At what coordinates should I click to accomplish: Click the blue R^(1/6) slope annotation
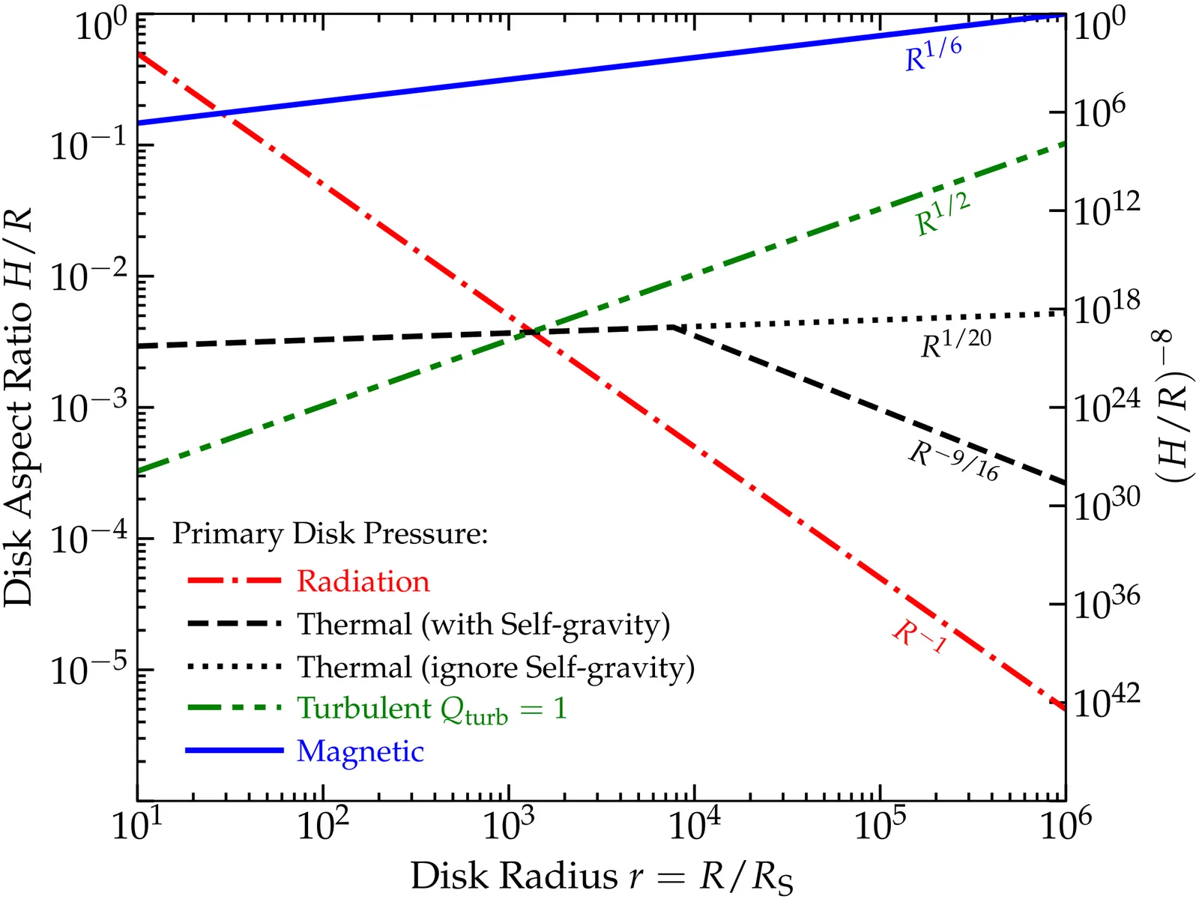click(933, 55)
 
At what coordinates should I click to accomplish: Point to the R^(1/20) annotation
click(955, 343)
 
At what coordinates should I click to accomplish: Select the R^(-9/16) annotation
click(954, 459)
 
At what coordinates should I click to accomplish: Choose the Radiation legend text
click(363, 581)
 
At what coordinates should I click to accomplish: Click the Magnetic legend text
click(360, 751)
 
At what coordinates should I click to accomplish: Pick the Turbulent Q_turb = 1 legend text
click(432, 709)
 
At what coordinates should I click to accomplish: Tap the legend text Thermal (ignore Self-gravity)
click(495, 667)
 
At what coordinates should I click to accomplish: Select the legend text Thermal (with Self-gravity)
click(483, 624)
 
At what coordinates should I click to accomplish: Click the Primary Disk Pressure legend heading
click(330, 533)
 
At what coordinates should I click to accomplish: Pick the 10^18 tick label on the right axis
click(1106, 307)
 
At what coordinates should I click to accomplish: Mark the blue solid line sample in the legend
click(234, 750)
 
